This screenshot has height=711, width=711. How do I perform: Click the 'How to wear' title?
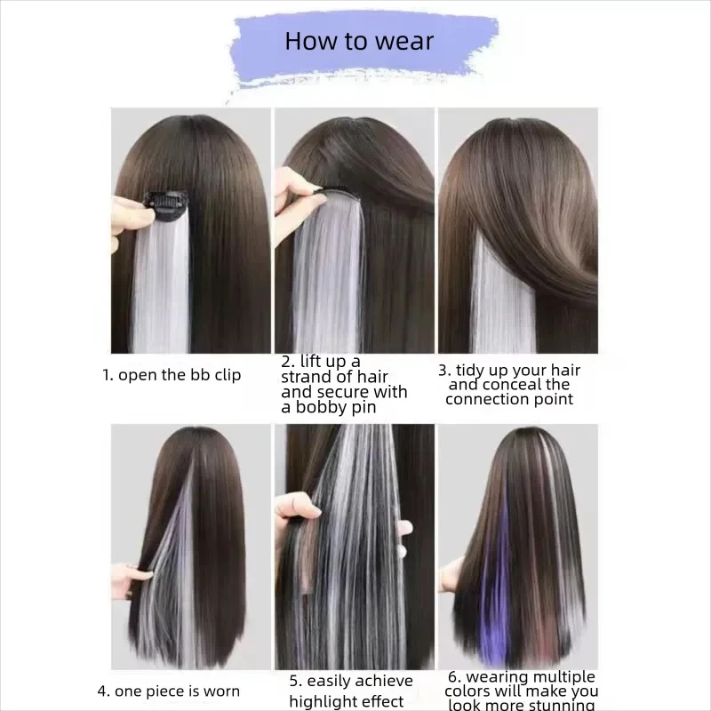tap(360, 41)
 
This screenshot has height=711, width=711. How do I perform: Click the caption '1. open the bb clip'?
tap(172, 375)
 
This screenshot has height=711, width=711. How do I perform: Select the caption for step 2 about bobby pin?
tap(344, 384)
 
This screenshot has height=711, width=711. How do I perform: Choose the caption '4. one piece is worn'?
tap(168, 691)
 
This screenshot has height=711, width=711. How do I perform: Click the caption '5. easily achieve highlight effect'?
tap(350, 691)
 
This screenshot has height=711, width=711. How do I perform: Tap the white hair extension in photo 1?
tap(161, 284)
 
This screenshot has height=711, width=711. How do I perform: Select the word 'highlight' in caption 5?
tap(324, 702)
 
